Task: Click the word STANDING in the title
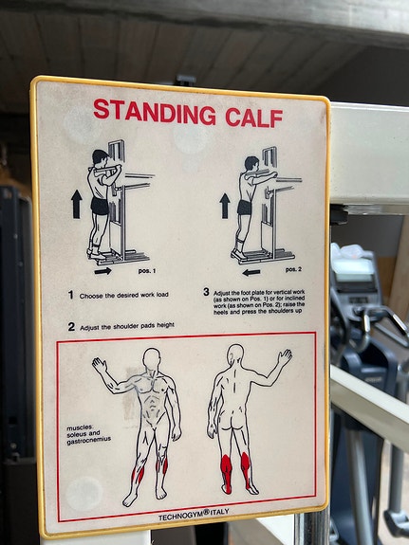tap(155, 112)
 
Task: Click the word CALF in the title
tap(254, 118)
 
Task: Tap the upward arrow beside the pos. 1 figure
tap(77, 204)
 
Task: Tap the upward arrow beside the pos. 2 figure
tap(225, 206)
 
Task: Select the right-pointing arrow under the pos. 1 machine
tap(103, 271)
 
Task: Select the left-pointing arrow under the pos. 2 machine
tap(251, 273)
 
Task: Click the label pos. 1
tap(147, 271)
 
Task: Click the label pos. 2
tap(293, 270)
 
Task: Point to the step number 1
tap(70, 295)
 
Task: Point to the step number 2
tap(71, 327)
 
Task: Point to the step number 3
tap(207, 292)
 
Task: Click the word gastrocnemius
tap(89, 440)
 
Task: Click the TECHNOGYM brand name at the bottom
tap(180, 516)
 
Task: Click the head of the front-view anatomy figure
tap(152, 359)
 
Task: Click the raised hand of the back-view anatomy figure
tap(285, 357)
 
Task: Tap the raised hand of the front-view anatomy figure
tap(100, 367)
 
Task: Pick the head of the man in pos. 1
tap(101, 157)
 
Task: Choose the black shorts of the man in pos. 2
tap(245, 208)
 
